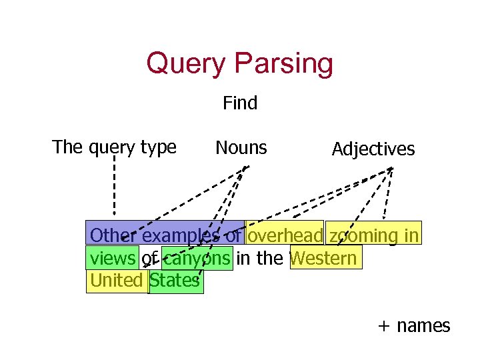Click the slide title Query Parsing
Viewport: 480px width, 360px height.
[x=239, y=64]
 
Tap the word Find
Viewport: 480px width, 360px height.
[x=240, y=103]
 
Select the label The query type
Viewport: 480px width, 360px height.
[x=114, y=147]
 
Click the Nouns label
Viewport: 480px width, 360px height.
[x=241, y=148]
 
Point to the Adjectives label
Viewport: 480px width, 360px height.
[x=373, y=149]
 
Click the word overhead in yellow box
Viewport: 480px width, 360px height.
[x=285, y=235]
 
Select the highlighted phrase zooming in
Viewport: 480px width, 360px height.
[x=374, y=235]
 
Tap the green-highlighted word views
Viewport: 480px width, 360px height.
[x=112, y=258]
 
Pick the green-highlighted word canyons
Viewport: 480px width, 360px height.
[x=197, y=258]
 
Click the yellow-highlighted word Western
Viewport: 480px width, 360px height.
[x=325, y=258]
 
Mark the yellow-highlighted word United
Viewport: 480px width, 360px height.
[x=117, y=281]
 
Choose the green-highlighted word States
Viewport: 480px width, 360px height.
[x=175, y=281]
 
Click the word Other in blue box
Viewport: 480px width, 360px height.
[x=113, y=235]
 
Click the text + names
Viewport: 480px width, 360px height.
[x=414, y=326]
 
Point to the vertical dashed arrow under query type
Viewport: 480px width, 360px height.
[x=114, y=187]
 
